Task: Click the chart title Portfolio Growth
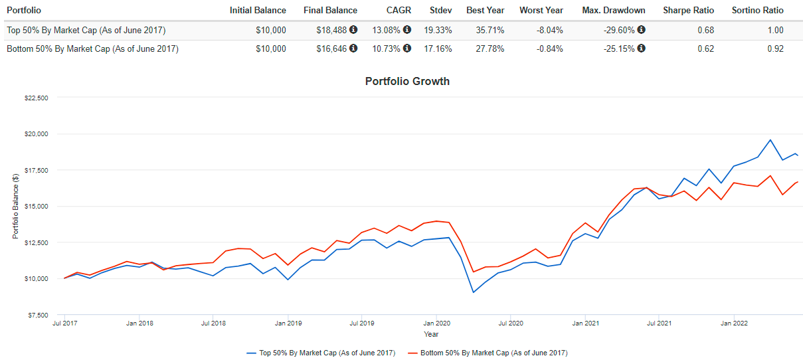point(407,82)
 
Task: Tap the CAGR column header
point(399,11)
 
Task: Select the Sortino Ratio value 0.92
point(774,48)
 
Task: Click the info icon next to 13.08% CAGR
point(407,30)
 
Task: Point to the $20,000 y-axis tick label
point(37,134)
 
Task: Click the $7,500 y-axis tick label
point(38,315)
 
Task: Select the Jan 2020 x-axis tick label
point(435,323)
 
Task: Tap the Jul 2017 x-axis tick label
point(64,323)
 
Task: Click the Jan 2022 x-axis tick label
point(733,323)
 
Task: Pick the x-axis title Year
point(431,334)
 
